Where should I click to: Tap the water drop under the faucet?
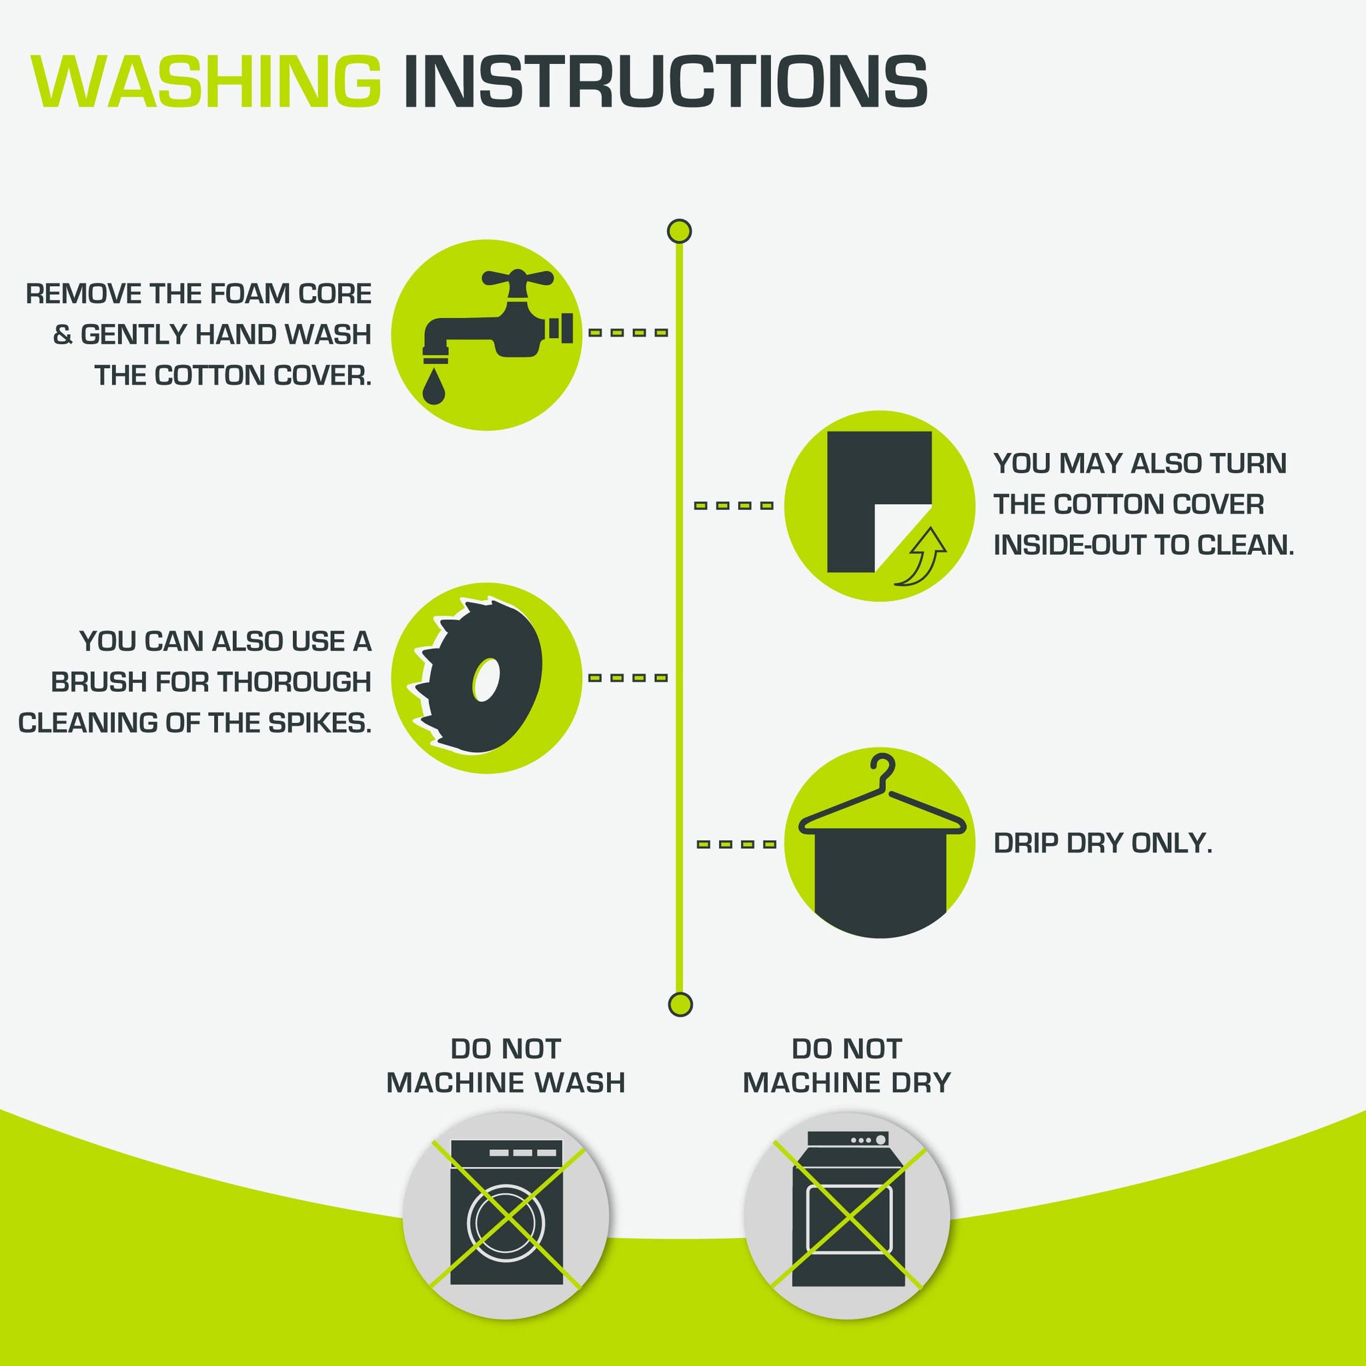tap(434, 388)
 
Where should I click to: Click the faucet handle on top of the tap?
tap(518, 277)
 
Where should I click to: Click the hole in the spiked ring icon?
tap(486, 680)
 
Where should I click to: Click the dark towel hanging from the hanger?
tap(880, 880)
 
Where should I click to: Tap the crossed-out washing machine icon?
tap(506, 1214)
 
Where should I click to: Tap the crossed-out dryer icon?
tap(848, 1214)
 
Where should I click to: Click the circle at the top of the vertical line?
tap(680, 231)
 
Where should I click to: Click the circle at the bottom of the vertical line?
tap(680, 1004)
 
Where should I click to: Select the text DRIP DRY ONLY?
tap(1103, 843)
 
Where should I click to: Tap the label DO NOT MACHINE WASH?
tap(506, 1065)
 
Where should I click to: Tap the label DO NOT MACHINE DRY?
tap(846, 1065)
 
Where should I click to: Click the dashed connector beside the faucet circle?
tap(628, 332)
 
